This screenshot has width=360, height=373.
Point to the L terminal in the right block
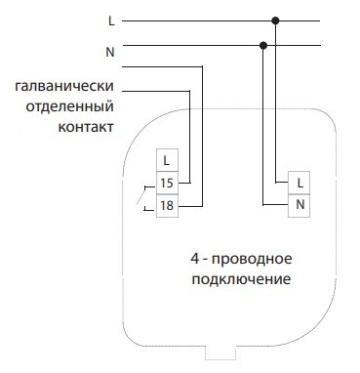click(x=299, y=182)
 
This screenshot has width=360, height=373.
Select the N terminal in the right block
click(x=299, y=204)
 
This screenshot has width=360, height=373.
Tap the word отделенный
click(x=75, y=107)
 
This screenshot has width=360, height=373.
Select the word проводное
click(x=257, y=260)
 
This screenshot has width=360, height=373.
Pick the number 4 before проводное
click(x=195, y=260)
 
